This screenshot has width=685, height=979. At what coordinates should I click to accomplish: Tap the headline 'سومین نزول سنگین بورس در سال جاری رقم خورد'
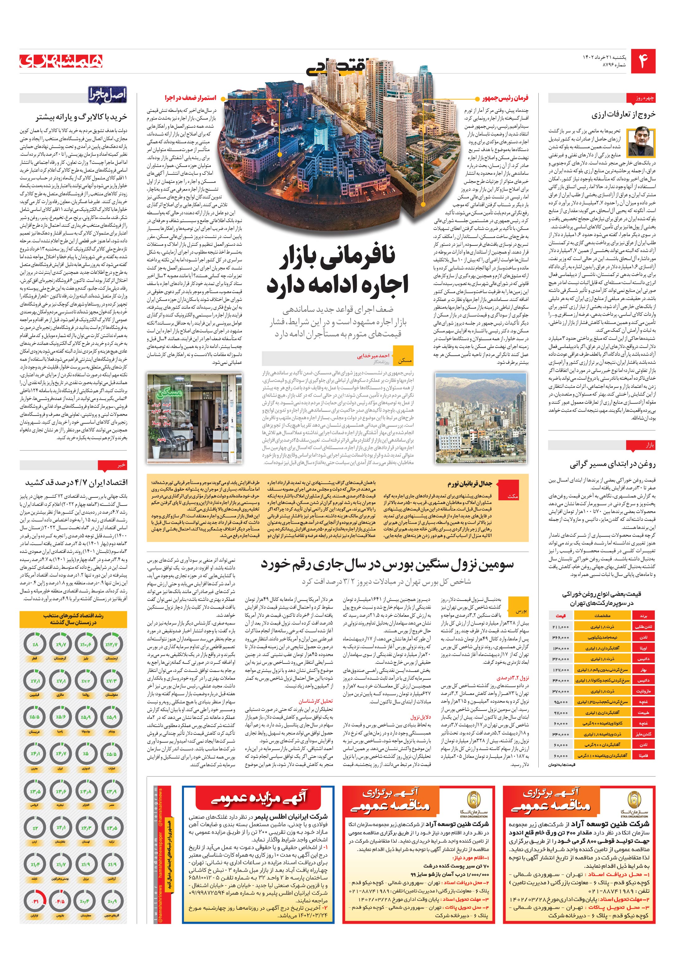point(387,565)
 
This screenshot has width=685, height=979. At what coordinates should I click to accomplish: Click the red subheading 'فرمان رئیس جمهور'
point(505,98)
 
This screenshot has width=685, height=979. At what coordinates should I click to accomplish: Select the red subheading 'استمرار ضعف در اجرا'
point(191,98)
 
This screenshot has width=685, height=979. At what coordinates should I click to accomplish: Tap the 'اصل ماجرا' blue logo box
point(107,95)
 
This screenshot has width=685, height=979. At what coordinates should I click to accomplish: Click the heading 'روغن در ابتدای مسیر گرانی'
point(612,464)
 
